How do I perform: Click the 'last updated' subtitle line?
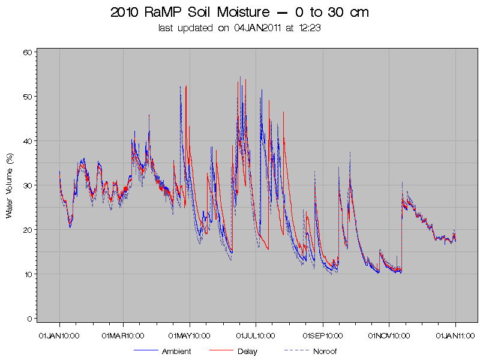[239, 28]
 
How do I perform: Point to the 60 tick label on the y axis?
[28, 52]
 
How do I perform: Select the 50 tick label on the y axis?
[28, 97]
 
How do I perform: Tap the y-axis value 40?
[28, 141]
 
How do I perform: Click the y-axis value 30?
[28, 185]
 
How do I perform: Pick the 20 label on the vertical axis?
[28, 230]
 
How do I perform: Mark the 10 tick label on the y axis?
[28, 274]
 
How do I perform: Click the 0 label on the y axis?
[29, 319]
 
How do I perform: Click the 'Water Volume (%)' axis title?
[9, 186]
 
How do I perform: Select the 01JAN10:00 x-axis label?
[59, 336]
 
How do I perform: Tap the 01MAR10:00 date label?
[123, 336]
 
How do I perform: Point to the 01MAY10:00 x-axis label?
[189, 336]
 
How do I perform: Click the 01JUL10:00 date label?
[256, 336]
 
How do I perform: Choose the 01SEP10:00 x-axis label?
[323, 336]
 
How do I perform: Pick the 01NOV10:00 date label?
[389, 336]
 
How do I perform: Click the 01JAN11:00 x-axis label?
[455, 336]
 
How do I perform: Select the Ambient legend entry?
[162, 351]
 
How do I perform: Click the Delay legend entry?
[233, 351]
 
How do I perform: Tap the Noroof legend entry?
[310, 351]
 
